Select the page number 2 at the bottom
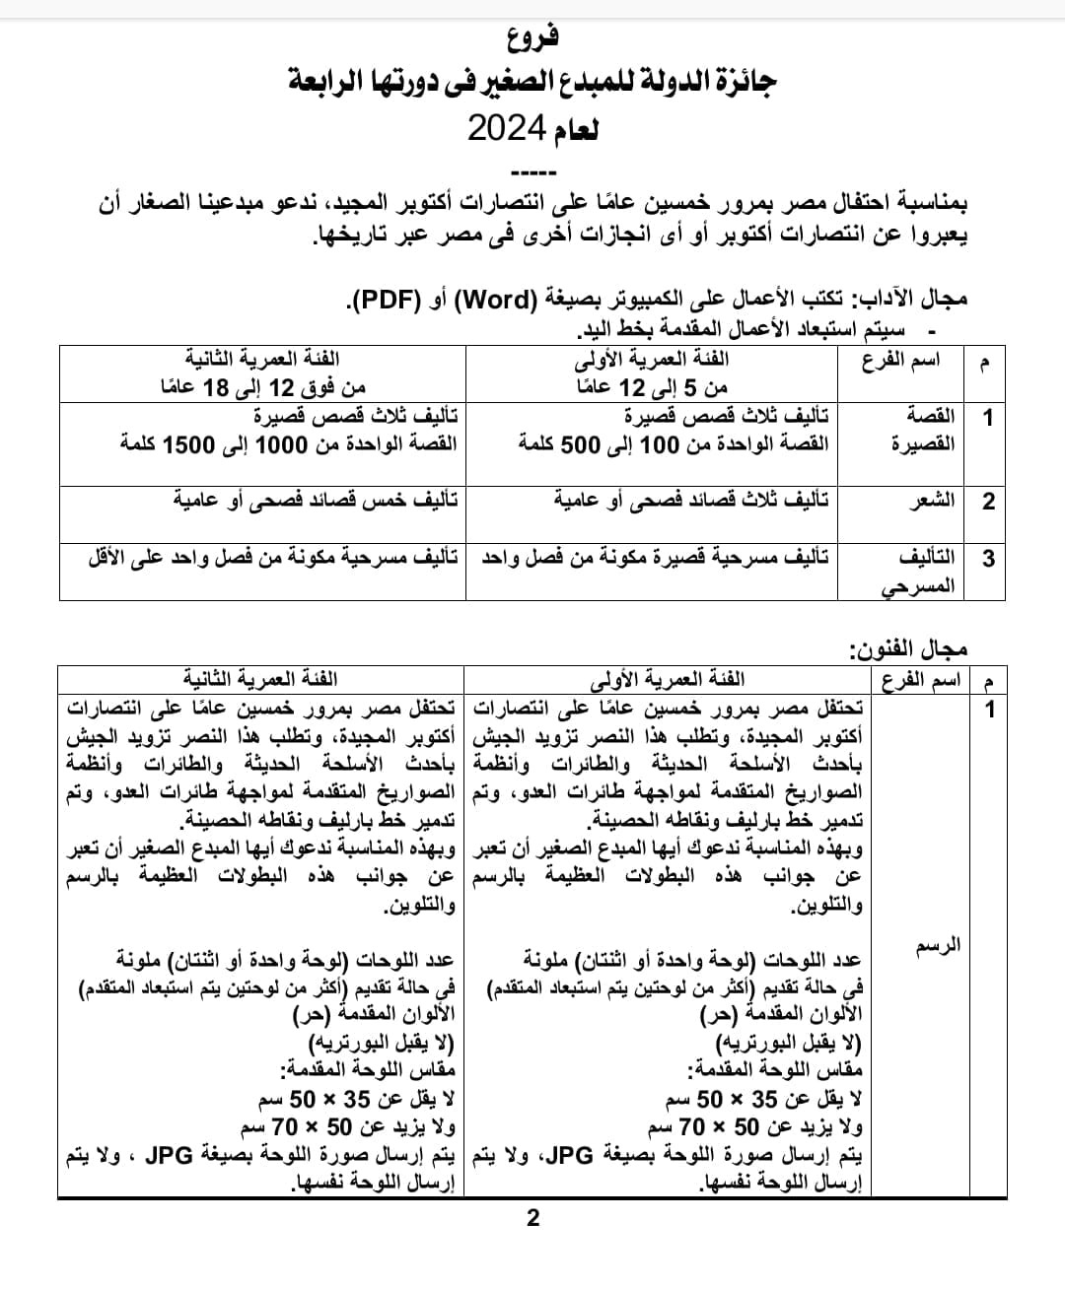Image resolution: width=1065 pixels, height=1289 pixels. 533,1218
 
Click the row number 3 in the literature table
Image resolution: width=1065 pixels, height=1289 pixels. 988,559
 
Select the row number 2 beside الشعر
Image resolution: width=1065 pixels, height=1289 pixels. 988,501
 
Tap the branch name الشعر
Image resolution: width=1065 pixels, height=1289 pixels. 931,501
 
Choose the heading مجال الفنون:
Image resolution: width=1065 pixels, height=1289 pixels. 908,649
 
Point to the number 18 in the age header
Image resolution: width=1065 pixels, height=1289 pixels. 216,387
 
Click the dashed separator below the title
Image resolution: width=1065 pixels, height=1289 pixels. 532,172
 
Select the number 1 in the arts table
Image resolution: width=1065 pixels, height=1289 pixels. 990,709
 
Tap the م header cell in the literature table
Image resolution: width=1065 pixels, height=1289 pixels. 983,362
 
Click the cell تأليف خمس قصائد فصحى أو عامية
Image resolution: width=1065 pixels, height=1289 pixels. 316,501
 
